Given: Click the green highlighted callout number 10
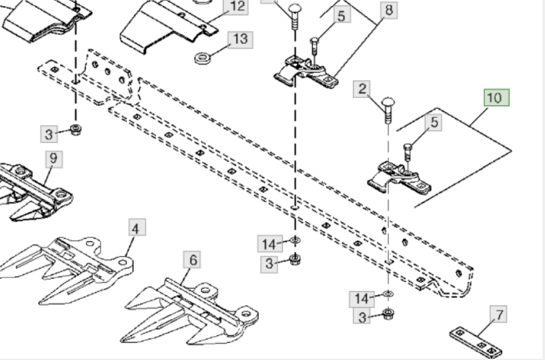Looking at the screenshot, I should click(496, 98).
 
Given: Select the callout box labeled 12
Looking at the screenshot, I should click(238, 7).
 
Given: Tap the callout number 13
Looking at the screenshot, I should click(241, 39).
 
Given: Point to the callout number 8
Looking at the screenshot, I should click(389, 9).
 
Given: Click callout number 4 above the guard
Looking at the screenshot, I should click(135, 229).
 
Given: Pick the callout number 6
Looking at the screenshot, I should click(193, 260).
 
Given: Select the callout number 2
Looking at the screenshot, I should click(362, 89).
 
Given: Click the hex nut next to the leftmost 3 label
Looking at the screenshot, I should click(75, 129).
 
